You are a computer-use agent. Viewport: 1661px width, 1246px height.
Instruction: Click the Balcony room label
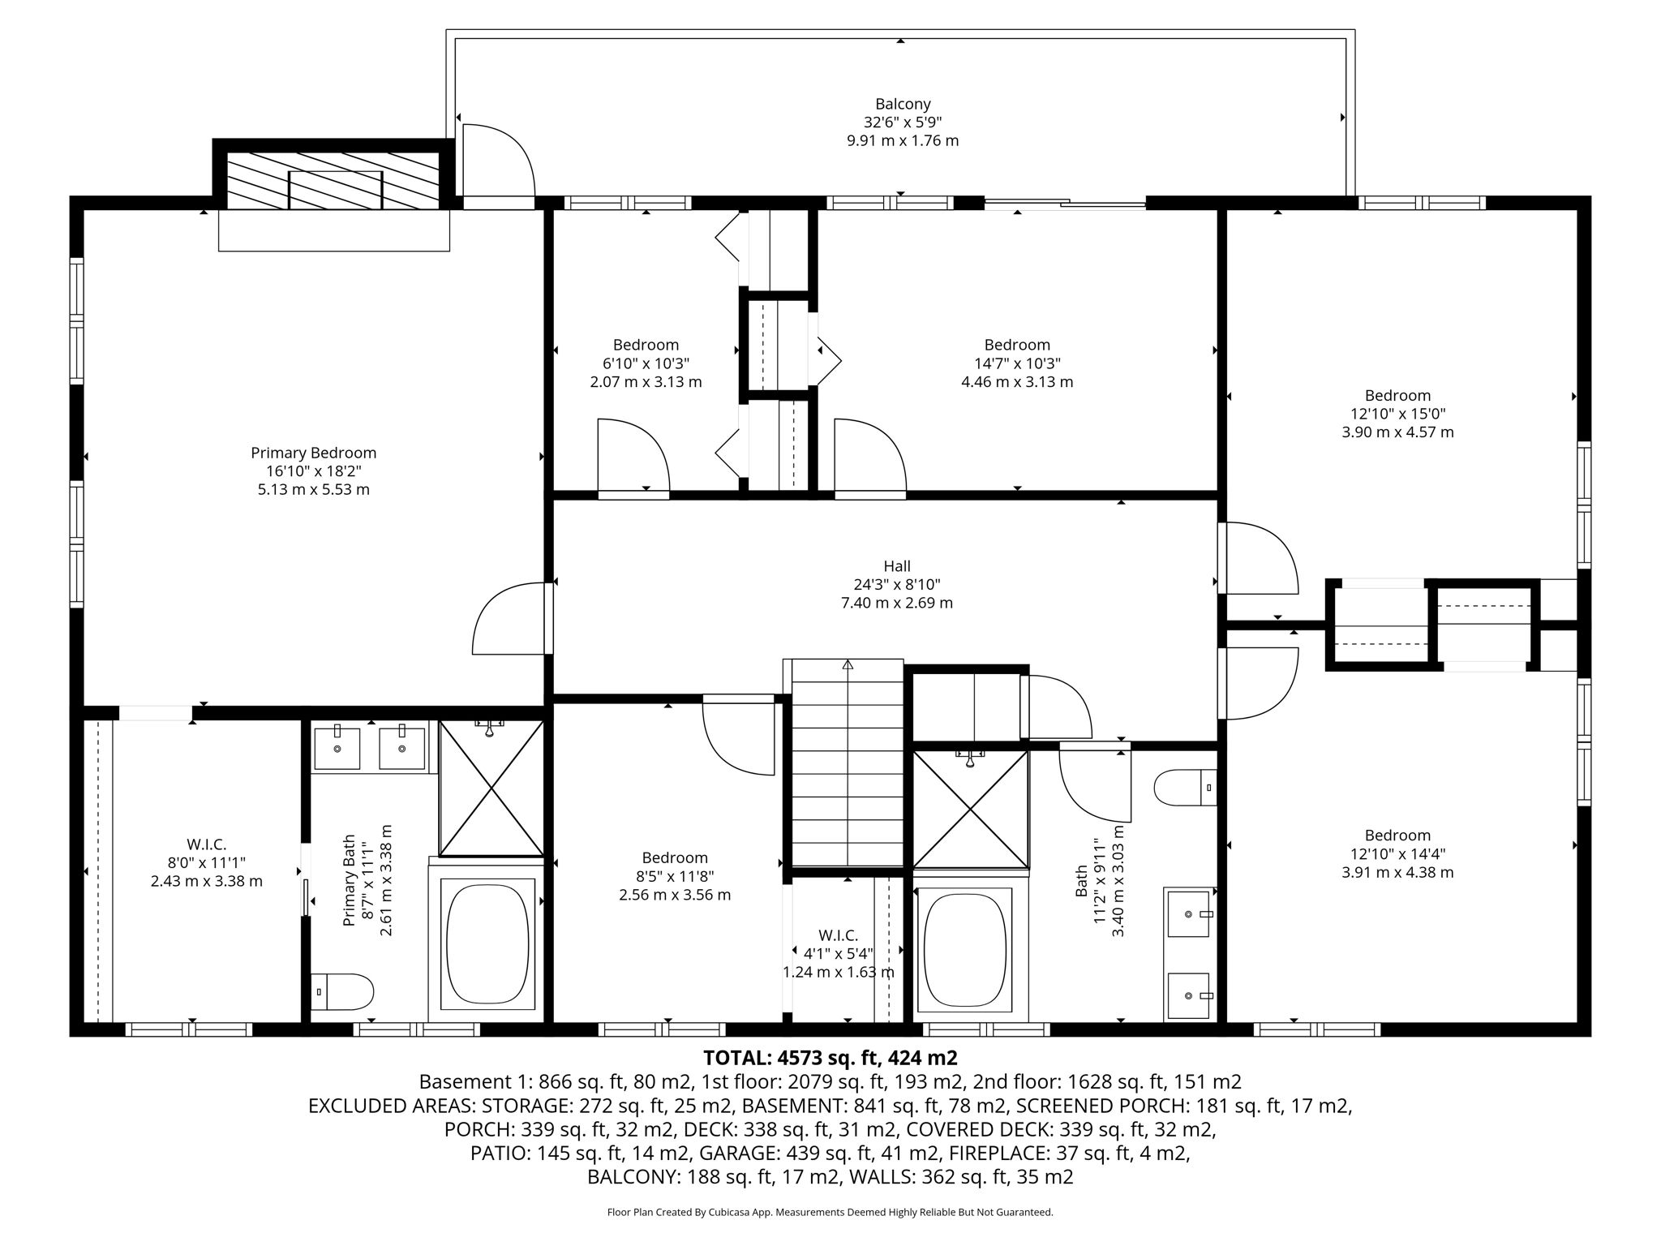click(x=902, y=104)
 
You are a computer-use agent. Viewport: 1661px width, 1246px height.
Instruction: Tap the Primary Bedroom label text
click(x=313, y=453)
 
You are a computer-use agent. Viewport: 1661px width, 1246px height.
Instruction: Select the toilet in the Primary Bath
click(x=342, y=991)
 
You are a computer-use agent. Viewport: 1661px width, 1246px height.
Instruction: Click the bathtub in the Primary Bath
click(x=486, y=943)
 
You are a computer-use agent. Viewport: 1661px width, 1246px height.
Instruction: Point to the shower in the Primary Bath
click(x=491, y=788)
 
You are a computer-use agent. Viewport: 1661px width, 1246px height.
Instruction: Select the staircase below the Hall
click(x=847, y=763)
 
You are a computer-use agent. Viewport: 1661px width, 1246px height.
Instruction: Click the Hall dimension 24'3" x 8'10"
click(x=896, y=584)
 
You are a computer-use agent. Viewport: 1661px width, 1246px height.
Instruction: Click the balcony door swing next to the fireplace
click(x=496, y=161)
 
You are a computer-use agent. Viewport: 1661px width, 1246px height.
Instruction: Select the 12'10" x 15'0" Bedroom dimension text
click(x=1397, y=414)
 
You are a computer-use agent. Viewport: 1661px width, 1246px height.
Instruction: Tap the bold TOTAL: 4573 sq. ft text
click(x=830, y=1058)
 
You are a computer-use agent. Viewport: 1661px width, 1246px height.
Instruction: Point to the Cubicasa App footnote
click(x=830, y=1212)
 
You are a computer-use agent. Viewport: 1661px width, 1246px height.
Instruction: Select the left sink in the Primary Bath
click(x=337, y=749)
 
